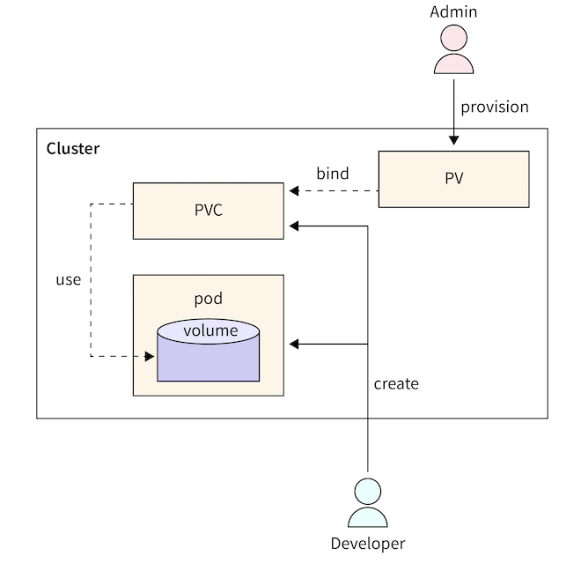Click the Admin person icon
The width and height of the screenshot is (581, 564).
453,51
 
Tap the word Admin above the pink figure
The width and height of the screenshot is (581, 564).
453,11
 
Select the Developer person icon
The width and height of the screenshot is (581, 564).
367,504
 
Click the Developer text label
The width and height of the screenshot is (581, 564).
367,543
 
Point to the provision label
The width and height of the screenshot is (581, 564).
495,107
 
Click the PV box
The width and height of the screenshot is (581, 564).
453,179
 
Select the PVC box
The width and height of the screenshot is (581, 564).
208,211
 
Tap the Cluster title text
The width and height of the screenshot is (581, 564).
73,148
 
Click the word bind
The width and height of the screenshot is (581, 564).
333,173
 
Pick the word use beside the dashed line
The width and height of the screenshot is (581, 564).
68,280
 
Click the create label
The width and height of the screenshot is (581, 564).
396,384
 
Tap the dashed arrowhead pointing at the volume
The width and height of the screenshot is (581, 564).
151,357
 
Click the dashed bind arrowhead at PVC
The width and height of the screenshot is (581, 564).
291,190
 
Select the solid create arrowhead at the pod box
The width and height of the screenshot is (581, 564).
292,344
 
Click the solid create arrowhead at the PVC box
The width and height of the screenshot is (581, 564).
292,226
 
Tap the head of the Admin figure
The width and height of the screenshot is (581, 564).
453,38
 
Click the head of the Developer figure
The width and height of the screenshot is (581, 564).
367,491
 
